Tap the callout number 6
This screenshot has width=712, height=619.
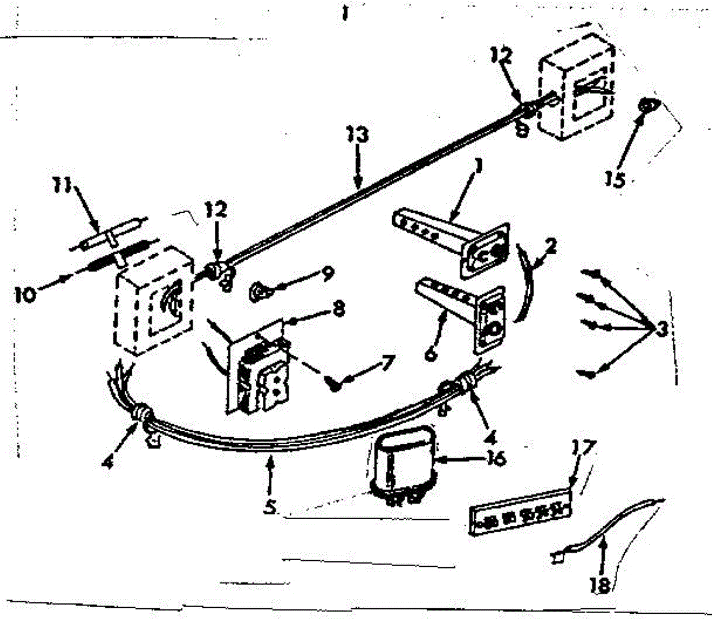[x=430, y=354]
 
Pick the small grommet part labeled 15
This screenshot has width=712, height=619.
[x=645, y=108]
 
